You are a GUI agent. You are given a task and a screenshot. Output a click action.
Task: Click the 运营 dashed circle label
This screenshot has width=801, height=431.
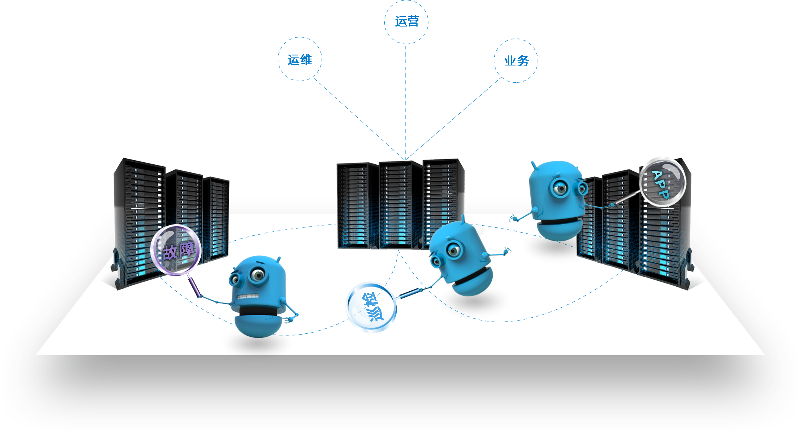click(x=406, y=22)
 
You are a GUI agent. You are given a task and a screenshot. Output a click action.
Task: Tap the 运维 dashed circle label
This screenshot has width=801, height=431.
click(x=300, y=59)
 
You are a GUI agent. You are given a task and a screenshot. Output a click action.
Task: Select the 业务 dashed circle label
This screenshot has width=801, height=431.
click(x=516, y=61)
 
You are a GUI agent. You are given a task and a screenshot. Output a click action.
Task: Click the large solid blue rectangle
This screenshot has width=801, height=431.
click(x=407, y=118)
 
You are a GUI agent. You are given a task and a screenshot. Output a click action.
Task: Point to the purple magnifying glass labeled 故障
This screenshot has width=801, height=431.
click(x=176, y=250)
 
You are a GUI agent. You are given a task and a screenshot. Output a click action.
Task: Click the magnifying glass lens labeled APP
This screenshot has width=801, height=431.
click(x=662, y=184)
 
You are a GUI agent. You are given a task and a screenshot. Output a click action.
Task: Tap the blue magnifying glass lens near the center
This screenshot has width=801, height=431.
click(x=371, y=307)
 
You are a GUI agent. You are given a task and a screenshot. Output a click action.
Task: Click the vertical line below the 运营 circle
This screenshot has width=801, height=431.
click(x=406, y=60)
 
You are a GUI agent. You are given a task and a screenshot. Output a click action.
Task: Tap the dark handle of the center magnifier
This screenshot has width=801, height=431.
click(x=410, y=293)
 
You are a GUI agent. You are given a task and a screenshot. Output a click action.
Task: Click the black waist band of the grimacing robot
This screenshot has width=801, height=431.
click(x=257, y=311)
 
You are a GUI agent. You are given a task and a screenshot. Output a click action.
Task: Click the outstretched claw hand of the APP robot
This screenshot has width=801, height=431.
click(x=514, y=219)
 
